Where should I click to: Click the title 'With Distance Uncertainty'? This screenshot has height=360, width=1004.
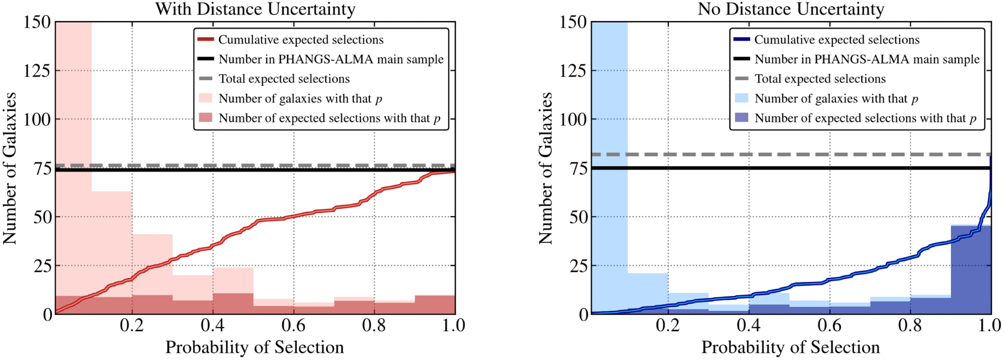click(x=255, y=9)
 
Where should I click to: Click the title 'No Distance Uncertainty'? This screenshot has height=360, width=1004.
click(x=791, y=9)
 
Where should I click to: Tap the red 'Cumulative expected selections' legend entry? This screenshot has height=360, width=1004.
click(x=301, y=40)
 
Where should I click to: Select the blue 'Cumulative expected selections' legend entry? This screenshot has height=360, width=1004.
click(x=837, y=40)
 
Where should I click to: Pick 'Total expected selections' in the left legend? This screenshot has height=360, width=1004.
click(x=284, y=79)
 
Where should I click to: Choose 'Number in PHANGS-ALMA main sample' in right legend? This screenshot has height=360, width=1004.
click(x=867, y=59)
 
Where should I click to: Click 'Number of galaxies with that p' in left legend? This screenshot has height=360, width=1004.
click(x=300, y=98)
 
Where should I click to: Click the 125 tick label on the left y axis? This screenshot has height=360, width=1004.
click(x=37, y=71)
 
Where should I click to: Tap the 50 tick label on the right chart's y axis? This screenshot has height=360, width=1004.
click(x=578, y=217)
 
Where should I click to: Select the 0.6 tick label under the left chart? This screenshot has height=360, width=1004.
click(x=293, y=326)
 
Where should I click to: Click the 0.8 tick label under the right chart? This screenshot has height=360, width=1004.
click(x=910, y=326)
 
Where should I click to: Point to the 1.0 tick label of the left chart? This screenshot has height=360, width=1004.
click(x=453, y=326)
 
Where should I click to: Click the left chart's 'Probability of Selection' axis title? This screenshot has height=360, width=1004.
click(x=254, y=348)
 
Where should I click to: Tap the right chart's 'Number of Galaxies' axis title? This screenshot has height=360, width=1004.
click(x=546, y=168)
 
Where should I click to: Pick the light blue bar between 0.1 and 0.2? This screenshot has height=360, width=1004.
click(x=648, y=292)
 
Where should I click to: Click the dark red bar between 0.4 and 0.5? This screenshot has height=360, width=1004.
click(x=233, y=304)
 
